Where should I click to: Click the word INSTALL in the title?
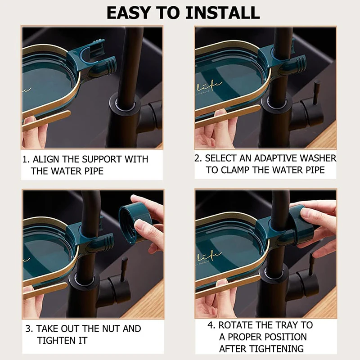pos(222,13)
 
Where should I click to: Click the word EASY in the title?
pos(128,13)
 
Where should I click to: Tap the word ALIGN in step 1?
pos(46,159)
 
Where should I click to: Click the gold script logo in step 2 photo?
pos(208,87)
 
